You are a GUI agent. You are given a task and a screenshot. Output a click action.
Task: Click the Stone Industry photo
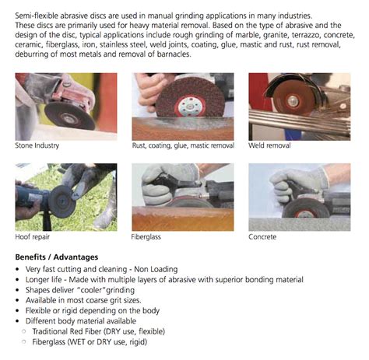coord(66,105)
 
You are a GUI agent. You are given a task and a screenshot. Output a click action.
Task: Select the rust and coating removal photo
coord(183,105)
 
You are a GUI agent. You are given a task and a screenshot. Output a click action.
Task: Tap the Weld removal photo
coord(299,105)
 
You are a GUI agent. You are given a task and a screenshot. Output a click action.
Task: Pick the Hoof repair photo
coord(66,196)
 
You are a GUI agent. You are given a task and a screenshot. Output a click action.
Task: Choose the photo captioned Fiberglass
coord(183,196)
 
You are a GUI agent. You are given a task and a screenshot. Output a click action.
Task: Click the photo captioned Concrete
coord(299,196)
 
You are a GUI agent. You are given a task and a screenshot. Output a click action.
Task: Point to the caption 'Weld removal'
coord(271,145)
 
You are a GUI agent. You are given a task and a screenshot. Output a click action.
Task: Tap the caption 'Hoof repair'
coord(33,236)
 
